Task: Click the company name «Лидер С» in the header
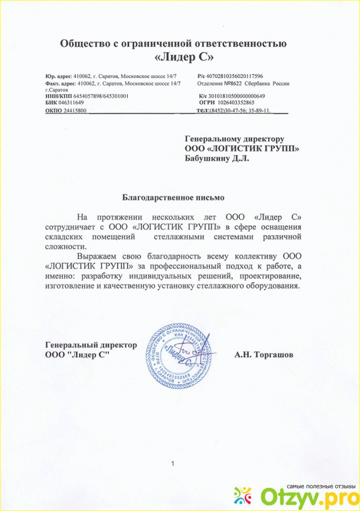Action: tap(181, 56)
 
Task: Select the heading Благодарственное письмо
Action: tap(174, 197)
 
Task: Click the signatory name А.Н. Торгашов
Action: tap(264, 354)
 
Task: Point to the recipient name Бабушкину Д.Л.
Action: tap(217, 158)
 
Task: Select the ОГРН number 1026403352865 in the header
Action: tap(236, 102)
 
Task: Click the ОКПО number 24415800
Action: tap(75, 111)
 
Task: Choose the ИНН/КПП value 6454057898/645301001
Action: tap(101, 96)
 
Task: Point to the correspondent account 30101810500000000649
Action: tap(241, 96)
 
